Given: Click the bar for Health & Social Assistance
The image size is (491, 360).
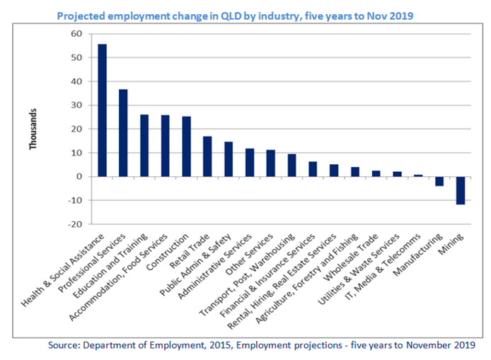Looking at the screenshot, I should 103,110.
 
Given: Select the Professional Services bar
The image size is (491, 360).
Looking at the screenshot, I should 123,133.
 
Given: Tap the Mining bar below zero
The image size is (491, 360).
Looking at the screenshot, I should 460,190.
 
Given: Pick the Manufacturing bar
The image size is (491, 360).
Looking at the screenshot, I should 439,181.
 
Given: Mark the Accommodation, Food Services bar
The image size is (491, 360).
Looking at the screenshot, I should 165,146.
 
